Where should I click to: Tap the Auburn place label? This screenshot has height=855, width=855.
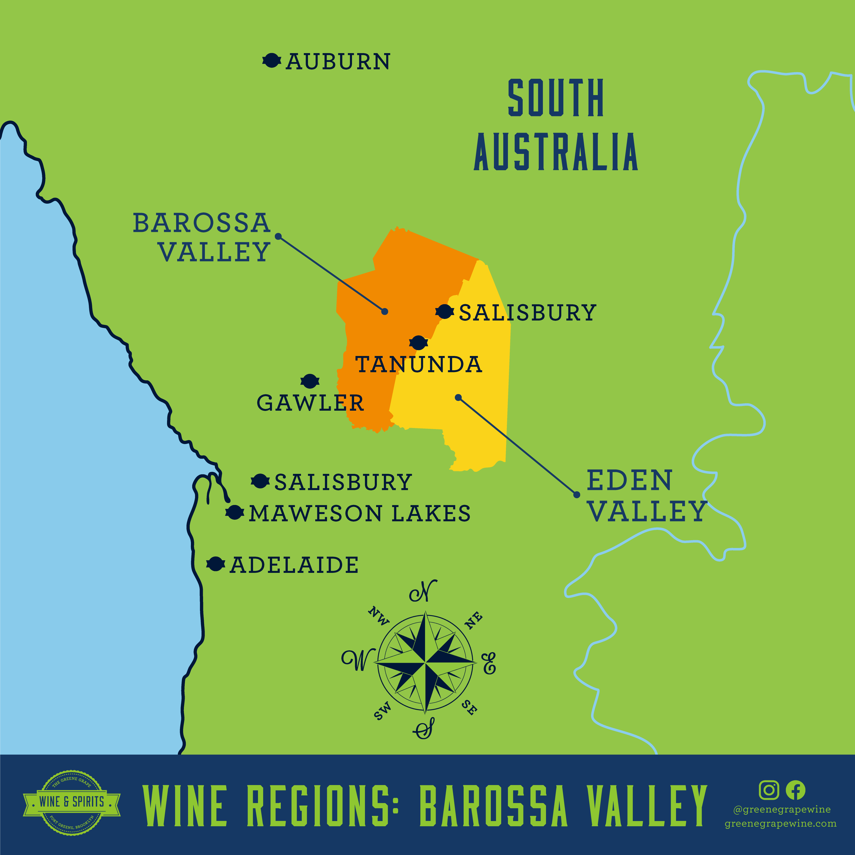338,62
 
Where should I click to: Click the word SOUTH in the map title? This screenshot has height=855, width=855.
556,98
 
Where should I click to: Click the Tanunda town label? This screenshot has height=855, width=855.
419,364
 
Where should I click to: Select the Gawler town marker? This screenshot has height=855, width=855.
310,381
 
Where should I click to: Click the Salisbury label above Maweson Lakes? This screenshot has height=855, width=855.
343,482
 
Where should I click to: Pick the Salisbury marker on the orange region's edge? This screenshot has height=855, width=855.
444,312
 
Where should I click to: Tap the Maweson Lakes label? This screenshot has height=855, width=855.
359,514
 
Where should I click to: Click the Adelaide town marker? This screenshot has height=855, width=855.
215,564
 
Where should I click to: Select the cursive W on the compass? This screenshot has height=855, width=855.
358,660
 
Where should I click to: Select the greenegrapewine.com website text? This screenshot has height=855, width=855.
781,824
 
